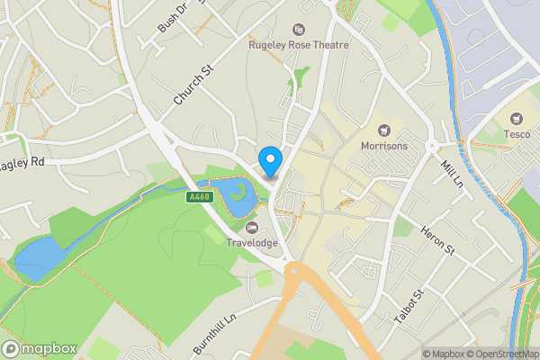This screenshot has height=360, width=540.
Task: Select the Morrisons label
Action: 384,146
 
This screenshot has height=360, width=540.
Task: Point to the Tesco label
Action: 517,134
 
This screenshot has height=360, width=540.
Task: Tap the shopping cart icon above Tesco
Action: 517,119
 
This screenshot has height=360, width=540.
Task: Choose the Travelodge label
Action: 251,241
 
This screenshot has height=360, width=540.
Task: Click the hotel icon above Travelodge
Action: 251,226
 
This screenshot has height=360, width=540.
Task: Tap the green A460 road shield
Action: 199,197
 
